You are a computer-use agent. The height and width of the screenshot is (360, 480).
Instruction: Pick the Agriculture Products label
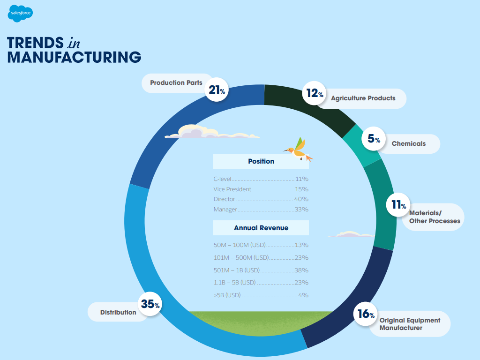[x=363, y=98]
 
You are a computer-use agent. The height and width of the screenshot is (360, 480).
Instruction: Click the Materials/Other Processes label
[x=435, y=217]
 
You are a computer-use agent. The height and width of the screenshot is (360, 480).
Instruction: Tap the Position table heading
[x=261, y=161]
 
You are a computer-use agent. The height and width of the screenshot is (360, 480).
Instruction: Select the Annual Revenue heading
[x=261, y=228]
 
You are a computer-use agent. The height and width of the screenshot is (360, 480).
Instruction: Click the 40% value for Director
[x=301, y=199]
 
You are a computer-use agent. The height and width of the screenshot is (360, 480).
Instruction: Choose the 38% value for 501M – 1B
[x=301, y=270]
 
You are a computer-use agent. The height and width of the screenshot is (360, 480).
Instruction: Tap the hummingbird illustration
[x=299, y=150]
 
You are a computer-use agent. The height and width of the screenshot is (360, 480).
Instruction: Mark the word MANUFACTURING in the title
[x=74, y=57]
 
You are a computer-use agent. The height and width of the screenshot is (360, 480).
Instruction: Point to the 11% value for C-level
[x=301, y=179]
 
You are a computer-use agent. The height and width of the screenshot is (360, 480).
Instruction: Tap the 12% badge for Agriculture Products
[x=315, y=94]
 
